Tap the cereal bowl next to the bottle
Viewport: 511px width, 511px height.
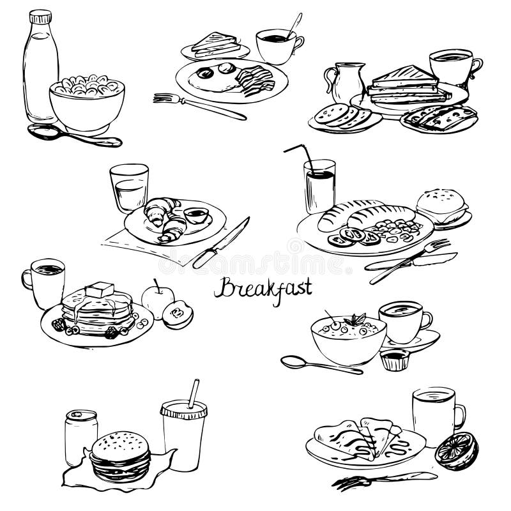click(x=88, y=105)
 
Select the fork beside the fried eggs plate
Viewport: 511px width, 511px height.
click(x=198, y=105)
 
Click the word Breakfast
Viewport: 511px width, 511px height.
click(x=263, y=289)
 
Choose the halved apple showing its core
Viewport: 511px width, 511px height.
click(x=179, y=314)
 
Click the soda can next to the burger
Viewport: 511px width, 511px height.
click(x=81, y=436)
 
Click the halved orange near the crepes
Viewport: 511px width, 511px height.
click(x=456, y=450)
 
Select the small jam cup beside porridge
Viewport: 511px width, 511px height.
click(x=394, y=360)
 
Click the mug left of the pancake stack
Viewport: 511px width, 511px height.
click(x=45, y=281)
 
